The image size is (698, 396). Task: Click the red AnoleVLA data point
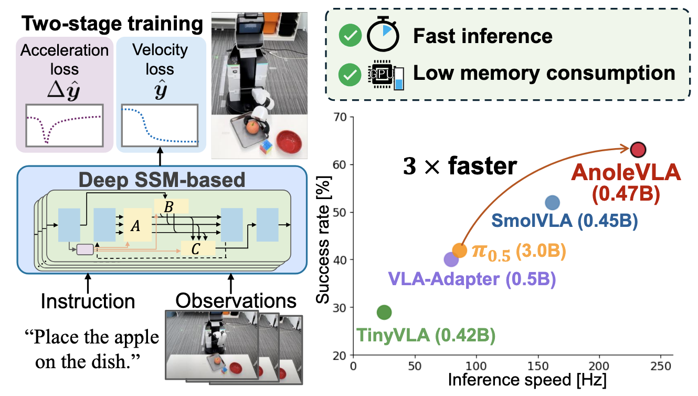pos(638,150)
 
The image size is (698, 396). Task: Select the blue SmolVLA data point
pos(552,203)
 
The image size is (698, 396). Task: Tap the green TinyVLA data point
pos(384,312)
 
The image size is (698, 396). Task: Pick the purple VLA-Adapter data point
pos(451,259)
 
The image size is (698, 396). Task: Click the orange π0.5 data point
pos(459,250)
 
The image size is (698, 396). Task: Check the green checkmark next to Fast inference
pos(347,36)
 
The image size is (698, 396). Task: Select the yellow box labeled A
pos(136,225)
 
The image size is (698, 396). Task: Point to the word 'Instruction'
pos(88,301)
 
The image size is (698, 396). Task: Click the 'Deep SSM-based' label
pos(162,181)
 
